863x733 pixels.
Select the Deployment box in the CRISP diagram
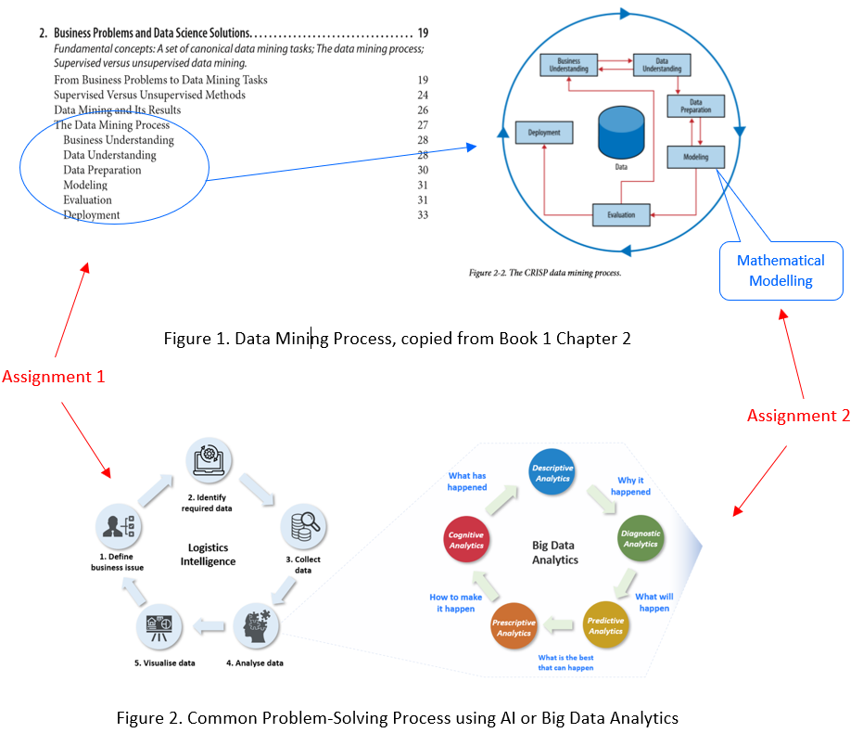[x=543, y=133]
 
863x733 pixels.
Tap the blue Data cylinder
[x=620, y=134]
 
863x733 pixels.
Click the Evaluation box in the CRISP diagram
[x=621, y=214]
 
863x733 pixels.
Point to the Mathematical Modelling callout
[x=781, y=270]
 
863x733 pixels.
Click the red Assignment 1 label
[x=54, y=377]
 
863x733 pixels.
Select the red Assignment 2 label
[x=798, y=416]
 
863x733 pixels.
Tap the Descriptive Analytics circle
[x=554, y=473]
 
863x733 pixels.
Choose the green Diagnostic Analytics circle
[x=641, y=538]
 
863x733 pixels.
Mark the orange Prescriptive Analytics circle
[x=514, y=626]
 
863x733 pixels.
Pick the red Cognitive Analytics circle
[x=467, y=540]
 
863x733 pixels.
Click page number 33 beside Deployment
[x=423, y=215]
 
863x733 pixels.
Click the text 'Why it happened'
[x=634, y=486]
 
